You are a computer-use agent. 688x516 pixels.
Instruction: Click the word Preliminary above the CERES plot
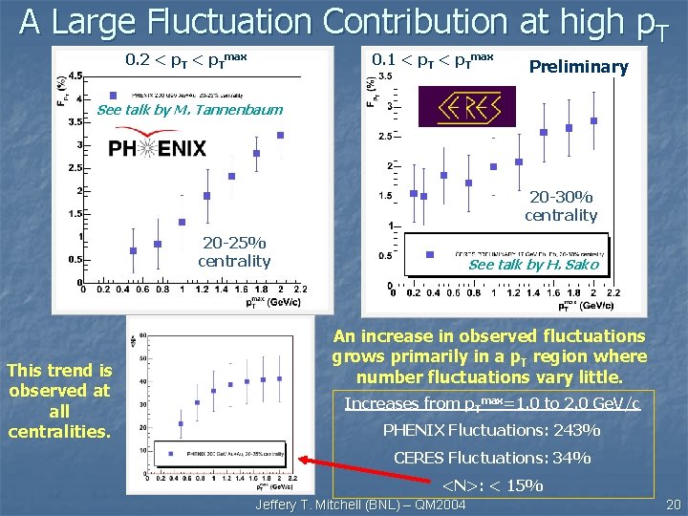[578, 67]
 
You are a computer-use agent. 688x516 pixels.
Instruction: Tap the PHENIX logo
[157, 148]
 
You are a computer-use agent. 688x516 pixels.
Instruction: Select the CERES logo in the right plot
[475, 107]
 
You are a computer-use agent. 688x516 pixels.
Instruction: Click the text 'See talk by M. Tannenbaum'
[190, 109]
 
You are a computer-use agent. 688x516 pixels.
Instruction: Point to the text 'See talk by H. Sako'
[533, 265]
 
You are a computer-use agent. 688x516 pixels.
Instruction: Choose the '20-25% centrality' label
[233, 251]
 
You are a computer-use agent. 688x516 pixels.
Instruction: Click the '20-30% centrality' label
[561, 206]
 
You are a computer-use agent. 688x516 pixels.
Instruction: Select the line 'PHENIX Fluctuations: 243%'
[491, 430]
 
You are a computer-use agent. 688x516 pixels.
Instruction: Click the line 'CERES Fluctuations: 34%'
[491, 458]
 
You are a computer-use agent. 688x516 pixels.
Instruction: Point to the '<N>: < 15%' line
[491, 485]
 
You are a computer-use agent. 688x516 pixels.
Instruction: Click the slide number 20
[672, 504]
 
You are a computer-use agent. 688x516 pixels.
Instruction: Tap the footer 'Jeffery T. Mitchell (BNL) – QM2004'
[357, 505]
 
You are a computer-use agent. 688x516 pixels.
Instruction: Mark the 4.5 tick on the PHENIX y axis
[74, 75]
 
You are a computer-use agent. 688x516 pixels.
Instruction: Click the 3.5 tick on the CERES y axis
[386, 75]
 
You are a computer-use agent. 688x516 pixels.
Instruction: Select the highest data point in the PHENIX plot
[280, 135]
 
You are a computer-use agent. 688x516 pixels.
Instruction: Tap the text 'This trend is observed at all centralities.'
[59, 400]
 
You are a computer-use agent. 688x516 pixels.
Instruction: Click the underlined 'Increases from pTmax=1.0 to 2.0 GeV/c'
[491, 403]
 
